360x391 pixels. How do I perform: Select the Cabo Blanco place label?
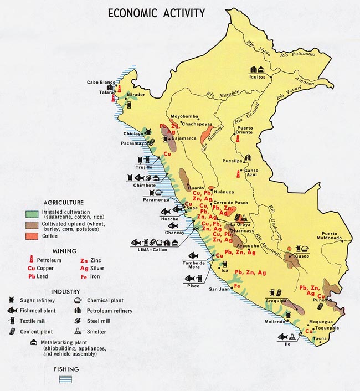point(100,83)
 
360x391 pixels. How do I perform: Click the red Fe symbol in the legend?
point(84,276)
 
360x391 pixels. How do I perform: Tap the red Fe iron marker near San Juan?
point(237,286)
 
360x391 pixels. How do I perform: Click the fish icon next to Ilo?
point(282,336)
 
